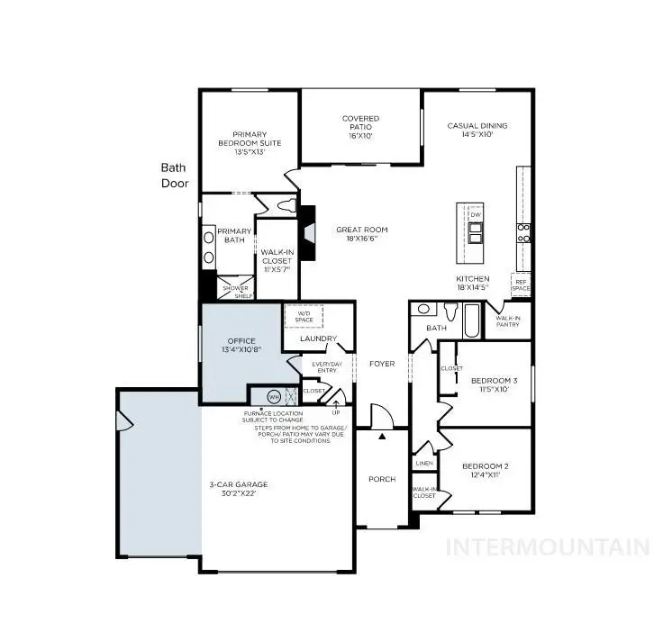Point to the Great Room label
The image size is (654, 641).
click(362, 235)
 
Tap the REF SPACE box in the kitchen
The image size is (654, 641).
click(521, 284)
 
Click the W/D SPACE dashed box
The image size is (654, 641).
click(303, 317)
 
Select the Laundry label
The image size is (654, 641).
click(317, 339)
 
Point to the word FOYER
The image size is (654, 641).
click(382, 364)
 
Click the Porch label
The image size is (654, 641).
click(382, 479)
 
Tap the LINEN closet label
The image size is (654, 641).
click(424, 463)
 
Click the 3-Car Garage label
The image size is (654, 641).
click(245, 490)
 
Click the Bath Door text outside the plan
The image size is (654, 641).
click(173, 175)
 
